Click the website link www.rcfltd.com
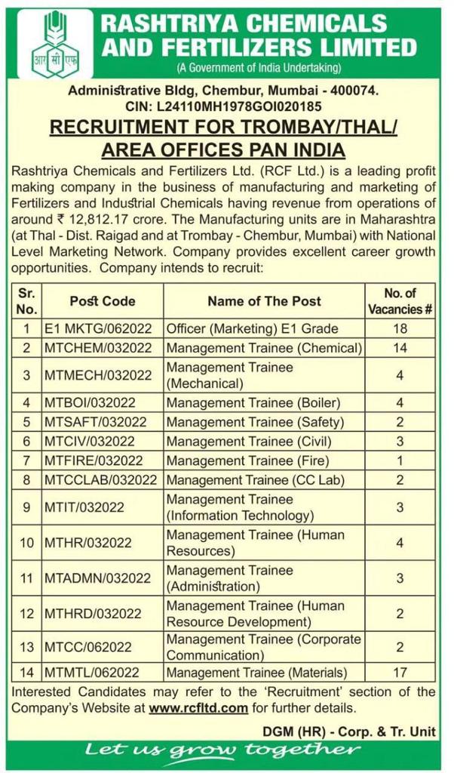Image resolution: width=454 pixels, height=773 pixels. click(198, 707)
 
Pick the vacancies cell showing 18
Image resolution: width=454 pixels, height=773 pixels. click(400, 328)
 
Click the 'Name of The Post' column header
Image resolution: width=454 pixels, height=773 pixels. click(264, 301)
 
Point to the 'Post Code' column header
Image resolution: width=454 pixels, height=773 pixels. click(103, 301)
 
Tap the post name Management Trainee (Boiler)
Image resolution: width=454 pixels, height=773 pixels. click(253, 402)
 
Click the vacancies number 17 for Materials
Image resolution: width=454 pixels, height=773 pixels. click(400, 672)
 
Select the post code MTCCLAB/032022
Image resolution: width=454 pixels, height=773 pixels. click(103, 479)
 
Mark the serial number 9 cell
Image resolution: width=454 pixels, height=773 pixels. click(26, 507)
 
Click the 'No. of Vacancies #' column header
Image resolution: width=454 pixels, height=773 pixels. click(400, 301)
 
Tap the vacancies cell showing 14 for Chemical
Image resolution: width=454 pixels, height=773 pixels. click(400, 348)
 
